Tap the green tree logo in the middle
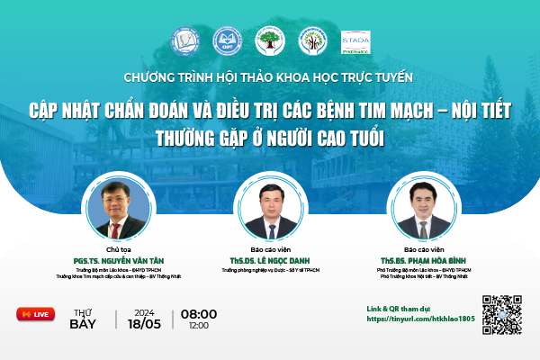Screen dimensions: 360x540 click(x=269, y=40)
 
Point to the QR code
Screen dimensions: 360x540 click(x=502, y=314)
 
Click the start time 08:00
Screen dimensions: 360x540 click(x=199, y=313)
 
